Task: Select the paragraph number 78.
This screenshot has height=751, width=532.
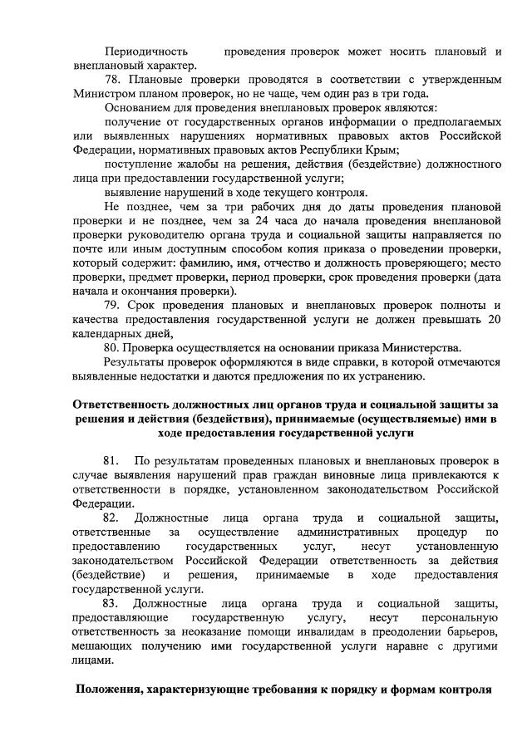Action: (115, 80)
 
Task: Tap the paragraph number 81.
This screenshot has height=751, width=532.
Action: (112, 460)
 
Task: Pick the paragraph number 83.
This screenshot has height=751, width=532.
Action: (112, 602)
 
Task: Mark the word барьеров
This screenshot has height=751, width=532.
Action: (474, 631)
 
